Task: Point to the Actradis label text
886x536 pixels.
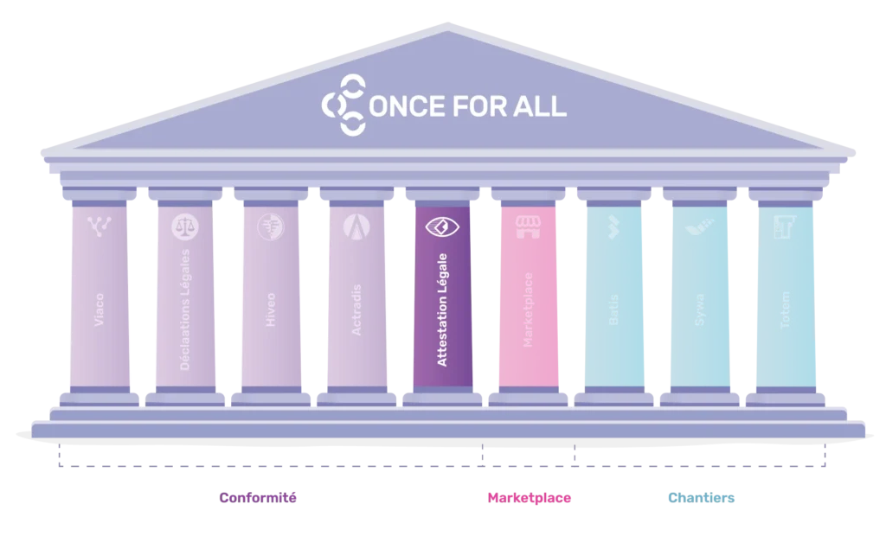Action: [x=356, y=316]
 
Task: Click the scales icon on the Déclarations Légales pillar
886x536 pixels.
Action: [x=185, y=227]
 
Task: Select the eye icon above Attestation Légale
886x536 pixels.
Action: [x=442, y=227]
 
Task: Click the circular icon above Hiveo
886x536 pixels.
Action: [x=270, y=227]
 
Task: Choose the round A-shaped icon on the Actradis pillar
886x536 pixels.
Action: [x=356, y=227]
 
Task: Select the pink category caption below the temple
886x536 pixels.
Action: [x=530, y=498]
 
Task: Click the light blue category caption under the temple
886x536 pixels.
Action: [x=703, y=498]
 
